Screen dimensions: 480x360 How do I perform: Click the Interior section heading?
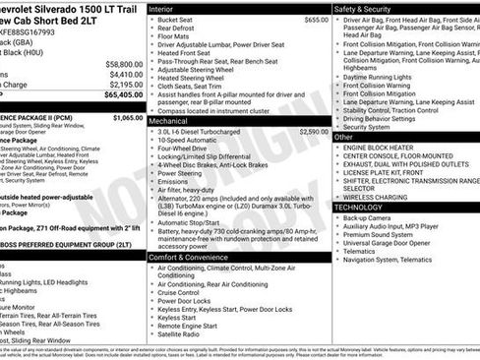click(x=161, y=8)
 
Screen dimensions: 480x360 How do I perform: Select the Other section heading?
click(x=345, y=136)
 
